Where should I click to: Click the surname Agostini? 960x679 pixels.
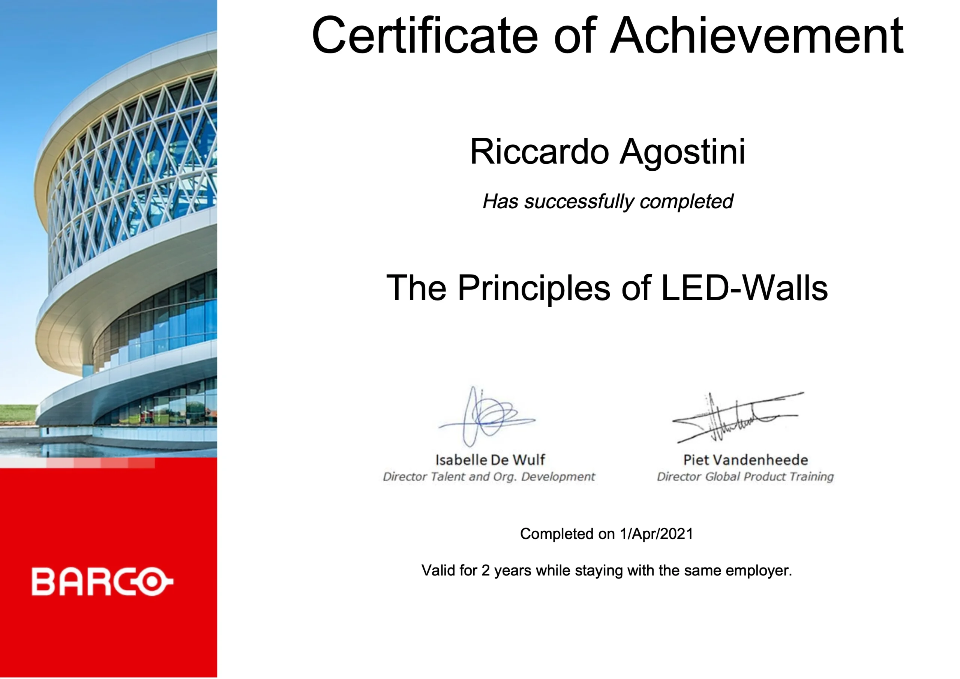tap(682, 153)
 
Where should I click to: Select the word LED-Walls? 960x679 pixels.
tap(744, 288)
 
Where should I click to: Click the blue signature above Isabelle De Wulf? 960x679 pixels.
tap(487, 416)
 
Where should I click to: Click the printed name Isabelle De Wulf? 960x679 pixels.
tap(490, 460)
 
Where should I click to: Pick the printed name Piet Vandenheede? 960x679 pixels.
tap(745, 460)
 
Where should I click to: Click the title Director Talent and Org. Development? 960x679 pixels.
tap(489, 477)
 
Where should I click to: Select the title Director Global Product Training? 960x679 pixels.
tap(745, 476)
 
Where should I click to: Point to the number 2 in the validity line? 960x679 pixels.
tap(485, 570)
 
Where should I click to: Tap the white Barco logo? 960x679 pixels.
tap(102, 581)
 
